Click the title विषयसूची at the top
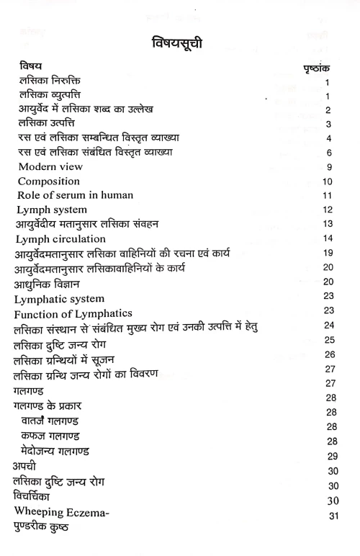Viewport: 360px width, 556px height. (x=181, y=42)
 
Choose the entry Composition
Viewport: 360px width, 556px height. (x=49, y=181)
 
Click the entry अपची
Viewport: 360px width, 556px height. (x=28, y=467)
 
